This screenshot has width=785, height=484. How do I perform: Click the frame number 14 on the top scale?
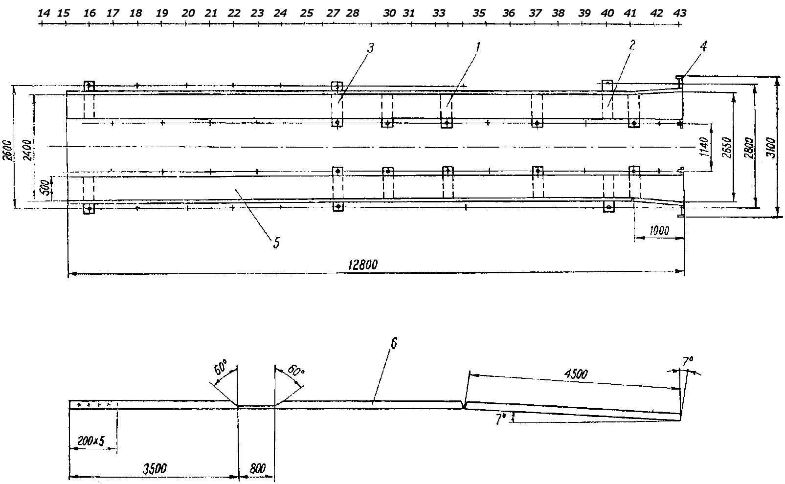point(44,13)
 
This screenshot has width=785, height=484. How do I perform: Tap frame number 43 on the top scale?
point(679,13)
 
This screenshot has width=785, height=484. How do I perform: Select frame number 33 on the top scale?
point(439,13)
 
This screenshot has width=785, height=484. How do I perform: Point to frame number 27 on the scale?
point(333,13)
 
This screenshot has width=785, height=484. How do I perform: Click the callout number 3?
point(370,48)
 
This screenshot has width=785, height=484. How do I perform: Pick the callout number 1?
point(478,47)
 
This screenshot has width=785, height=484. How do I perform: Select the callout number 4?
point(703,46)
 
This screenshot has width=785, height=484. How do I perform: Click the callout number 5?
point(276,242)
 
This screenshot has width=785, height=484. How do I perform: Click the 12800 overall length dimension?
point(363,264)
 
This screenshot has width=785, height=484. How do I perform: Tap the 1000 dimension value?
point(659,231)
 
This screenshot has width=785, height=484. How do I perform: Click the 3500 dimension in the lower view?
point(155,468)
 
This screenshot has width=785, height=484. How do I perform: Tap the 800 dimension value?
point(257,468)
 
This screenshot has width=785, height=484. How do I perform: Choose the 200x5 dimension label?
point(91,441)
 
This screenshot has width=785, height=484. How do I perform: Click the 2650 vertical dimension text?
point(726,147)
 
